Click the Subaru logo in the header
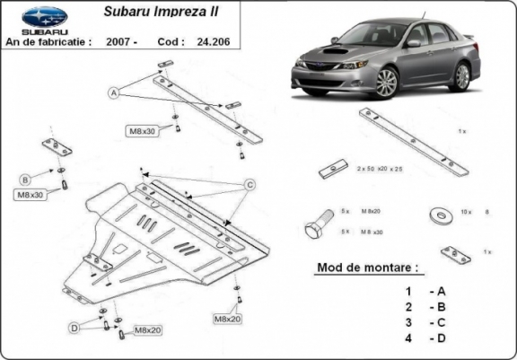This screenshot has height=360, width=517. click(43, 17)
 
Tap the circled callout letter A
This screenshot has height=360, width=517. click(115, 92)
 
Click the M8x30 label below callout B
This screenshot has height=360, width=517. click(29, 194)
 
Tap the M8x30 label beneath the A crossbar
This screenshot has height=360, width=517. click(142, 131)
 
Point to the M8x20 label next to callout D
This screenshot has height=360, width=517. click(146, 332)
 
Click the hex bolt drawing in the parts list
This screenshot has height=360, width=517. click(317, 224)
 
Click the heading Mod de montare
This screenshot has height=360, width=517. click(367, 268)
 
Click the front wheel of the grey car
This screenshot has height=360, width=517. click(386, 83)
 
